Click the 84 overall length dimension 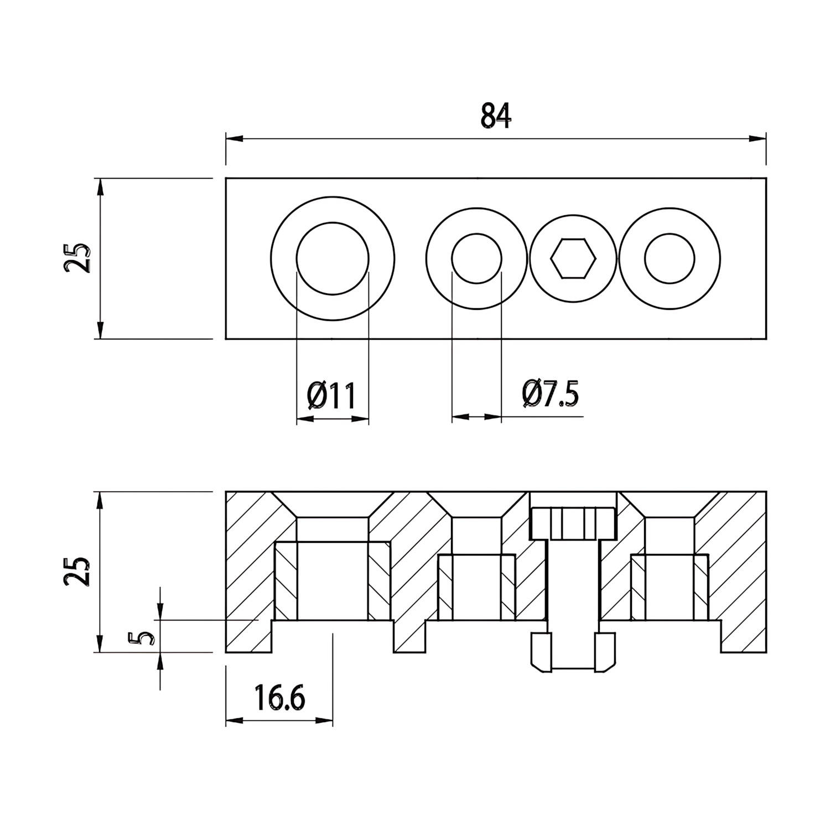[x=496, y=116]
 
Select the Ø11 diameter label [x=331, y=395]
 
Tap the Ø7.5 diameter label [x=550, y=393]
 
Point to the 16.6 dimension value [x=280, y=698]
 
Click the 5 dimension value [x=141, y=639]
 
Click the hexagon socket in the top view [x=573, y=258]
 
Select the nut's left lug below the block [x=541, y=652]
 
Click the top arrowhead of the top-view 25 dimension [x=100, y=187]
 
